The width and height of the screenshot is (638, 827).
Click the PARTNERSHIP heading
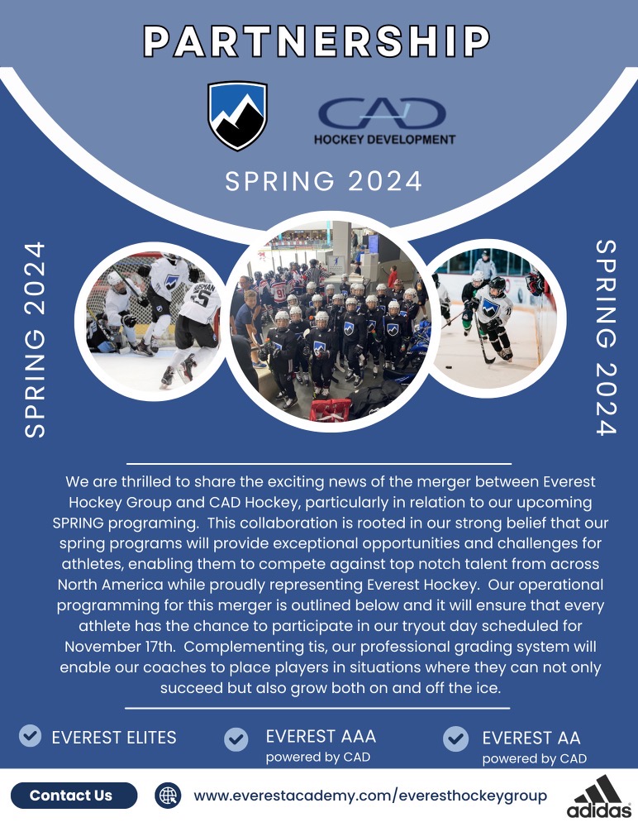(x=317, y=41)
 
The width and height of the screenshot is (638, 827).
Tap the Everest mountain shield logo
(x=237, y=115)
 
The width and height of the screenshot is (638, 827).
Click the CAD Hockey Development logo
(x=384, y=122)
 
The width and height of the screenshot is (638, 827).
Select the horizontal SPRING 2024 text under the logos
(x=324, y=181)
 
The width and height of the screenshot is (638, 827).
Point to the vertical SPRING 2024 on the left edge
(x=35, y=340)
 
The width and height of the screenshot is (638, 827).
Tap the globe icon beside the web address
(x=169, y=796)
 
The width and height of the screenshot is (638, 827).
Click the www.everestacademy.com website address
(x=370, y=796)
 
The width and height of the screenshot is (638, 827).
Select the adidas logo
(x=599, y=796)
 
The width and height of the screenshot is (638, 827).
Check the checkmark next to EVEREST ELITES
(x=30, y=735)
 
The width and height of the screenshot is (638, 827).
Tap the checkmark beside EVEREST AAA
(x=236, y=739)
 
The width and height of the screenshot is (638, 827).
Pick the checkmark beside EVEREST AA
(x=456, y=739)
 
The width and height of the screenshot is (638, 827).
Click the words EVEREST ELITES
(x=114, y=738)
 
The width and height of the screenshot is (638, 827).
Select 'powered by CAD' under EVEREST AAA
(x=318, y=757)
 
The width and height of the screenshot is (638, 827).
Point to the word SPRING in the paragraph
(x=78, y=523)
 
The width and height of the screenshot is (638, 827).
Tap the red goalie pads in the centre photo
(x=331, y=410)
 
